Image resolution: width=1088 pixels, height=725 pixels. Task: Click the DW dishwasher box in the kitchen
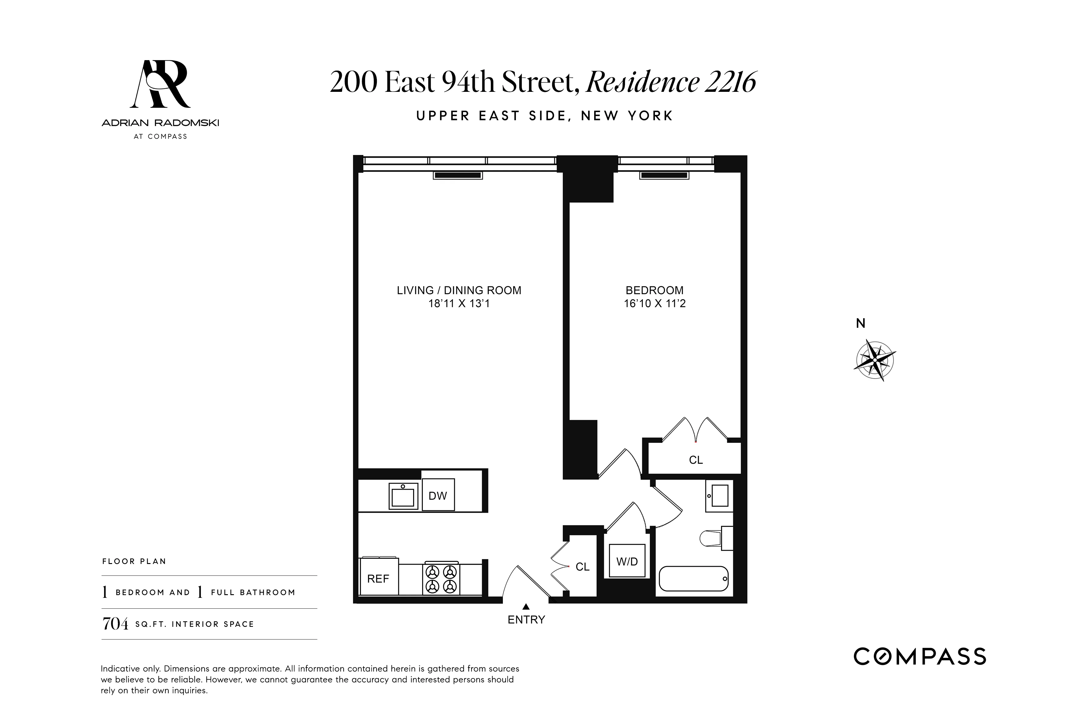tap(438, 495)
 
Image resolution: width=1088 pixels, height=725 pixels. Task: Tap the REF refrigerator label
tap(378, 578)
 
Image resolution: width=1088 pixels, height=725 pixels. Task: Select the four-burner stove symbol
tap(441, 579)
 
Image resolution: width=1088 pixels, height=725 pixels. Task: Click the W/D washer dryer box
tap(627, 561)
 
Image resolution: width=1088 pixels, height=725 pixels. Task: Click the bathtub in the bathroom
tap(693, 578)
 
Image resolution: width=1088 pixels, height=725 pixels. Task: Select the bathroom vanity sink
tap(719, 496)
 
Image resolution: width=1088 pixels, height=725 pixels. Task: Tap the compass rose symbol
tap(874, 360)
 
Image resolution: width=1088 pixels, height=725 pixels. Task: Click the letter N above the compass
tap(860, 323)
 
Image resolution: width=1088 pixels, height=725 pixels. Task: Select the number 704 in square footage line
tap(115, 624)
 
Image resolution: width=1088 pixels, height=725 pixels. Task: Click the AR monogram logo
tap(160, 84)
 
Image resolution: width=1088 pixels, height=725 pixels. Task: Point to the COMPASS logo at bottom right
tap(920, 656)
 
